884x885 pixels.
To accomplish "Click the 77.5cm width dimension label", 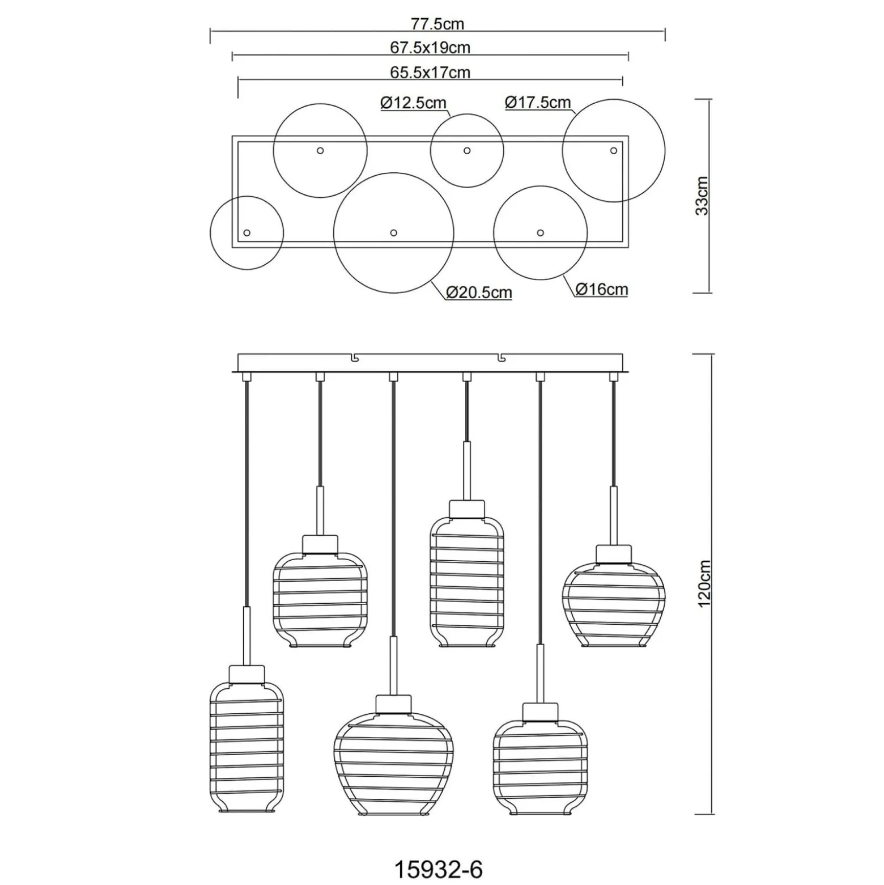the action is pos(437,24).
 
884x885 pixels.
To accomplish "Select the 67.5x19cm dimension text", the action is pos(430,48).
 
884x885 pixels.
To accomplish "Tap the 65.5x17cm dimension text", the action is pos(430,73).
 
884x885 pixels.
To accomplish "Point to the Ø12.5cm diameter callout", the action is pos(414,103).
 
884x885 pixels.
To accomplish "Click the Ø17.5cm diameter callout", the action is pos(538,102).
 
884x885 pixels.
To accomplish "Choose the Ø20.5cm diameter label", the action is pos(479,293).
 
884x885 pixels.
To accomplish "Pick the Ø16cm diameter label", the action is pos(602,289).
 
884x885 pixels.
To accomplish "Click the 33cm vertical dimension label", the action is pos(702,196).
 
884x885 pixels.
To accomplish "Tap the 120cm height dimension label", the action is pos(704,584).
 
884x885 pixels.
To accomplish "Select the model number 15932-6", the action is pos(438,869).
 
